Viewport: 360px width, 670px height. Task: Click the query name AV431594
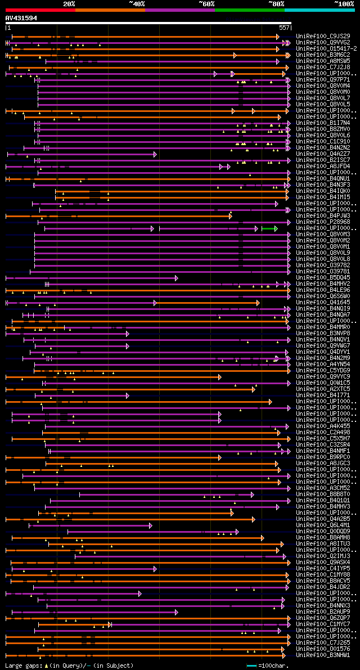click(x=21, y=18)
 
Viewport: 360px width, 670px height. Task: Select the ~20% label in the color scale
click(x=69, y=3)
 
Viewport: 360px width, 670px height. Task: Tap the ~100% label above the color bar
click(x=344, y=3)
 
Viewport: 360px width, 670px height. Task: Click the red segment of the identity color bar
click(x=40, y=10)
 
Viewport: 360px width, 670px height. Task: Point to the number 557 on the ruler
click(x=284, y=28)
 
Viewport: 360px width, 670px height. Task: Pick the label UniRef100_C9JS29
click(x=322, y=37)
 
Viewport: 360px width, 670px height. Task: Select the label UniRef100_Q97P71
click(x=322, y=80)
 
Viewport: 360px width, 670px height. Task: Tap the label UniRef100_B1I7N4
click(x=322, y=123)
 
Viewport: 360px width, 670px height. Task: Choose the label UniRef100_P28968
click(x=322, y=222)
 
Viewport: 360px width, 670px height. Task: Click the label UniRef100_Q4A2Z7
click(x=322, y=154)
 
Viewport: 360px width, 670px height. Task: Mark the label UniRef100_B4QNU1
click(x=322, y=179)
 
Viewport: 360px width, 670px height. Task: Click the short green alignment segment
click(x=269, y=228)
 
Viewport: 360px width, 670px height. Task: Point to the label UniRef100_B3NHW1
click(x=322, y=655)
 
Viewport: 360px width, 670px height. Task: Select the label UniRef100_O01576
click(x=322, y=649)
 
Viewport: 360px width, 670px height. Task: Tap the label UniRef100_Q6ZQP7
click(x=322, y=618)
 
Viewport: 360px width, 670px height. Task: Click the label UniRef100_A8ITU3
click(x=322, y=544)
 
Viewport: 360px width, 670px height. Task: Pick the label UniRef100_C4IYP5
click(x=322, y=569)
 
